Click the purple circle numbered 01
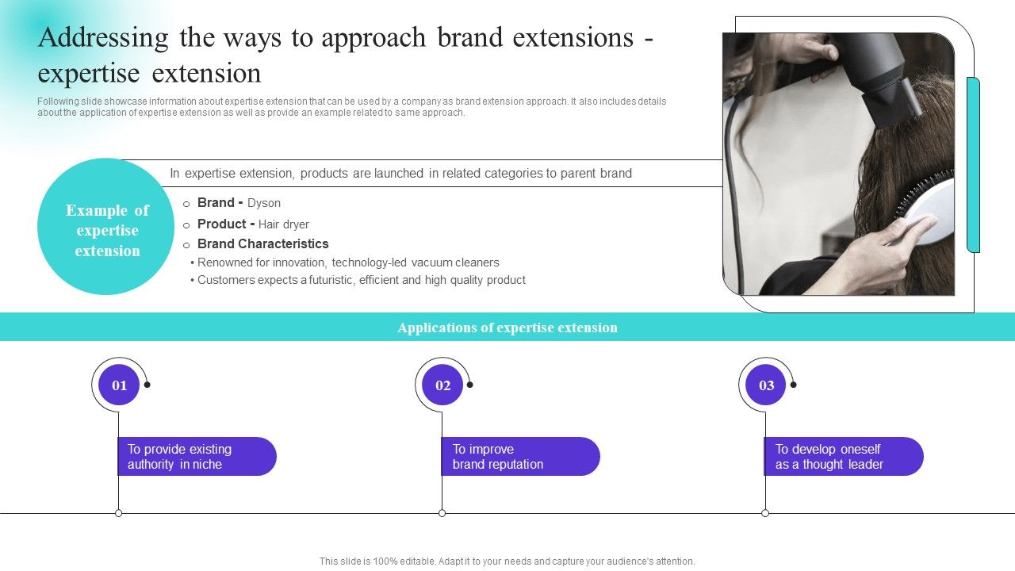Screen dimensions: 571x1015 point(119,385)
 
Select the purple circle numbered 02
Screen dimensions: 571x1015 point(442,385)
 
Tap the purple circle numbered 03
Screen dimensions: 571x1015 point(766,385)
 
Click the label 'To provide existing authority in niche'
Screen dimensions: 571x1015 point(197,457)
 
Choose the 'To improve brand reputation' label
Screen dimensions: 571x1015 point(520,457)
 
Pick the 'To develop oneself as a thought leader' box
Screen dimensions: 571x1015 point(844,457)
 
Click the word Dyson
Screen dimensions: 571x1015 point(264,203)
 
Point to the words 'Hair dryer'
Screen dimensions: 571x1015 point(284,224)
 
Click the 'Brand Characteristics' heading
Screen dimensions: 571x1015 point(262,244)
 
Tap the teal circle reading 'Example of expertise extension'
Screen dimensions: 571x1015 point(106,231)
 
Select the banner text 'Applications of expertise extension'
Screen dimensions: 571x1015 point(507,328)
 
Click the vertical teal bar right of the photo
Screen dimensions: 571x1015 point(973,165)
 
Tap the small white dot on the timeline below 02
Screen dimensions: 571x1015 point(442,513)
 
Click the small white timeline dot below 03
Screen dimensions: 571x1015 point(765,513)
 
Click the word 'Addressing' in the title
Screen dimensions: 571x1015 point(103,37)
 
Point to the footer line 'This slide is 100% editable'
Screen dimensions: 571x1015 point(507,561)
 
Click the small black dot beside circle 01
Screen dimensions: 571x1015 point(147,385)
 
